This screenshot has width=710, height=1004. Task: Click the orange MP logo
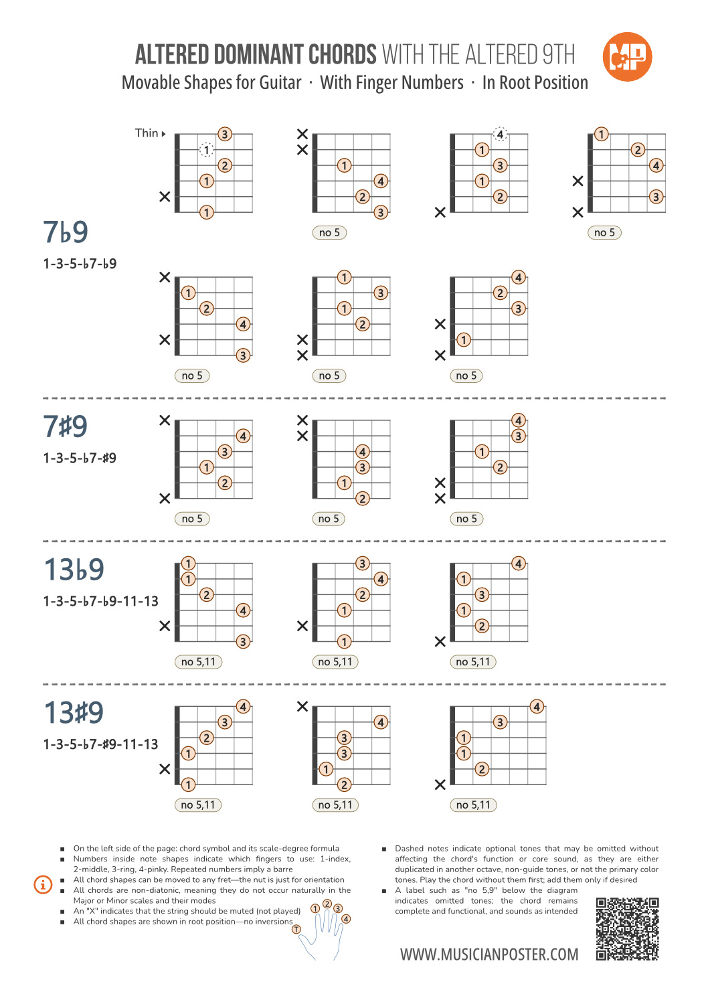tap(627, 57)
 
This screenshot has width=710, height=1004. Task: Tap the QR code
tap(627, 929)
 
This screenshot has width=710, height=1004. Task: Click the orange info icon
tap(43, 885)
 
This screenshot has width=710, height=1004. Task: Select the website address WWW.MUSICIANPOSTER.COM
tap(489, 954)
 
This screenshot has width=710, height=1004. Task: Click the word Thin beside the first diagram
tap(147, 133)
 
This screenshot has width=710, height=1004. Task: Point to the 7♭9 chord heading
tap(66, 232)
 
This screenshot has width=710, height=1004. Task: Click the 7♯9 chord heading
tap(66, 426)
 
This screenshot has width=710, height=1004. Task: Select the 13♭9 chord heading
tap(74, 570)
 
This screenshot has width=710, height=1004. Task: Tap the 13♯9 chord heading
tap(74, 713)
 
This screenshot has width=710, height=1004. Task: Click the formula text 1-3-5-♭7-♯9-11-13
tap(100, 744)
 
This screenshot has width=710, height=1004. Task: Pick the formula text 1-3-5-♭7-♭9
tap(80, 264)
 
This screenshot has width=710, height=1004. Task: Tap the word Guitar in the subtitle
tap(280, 83)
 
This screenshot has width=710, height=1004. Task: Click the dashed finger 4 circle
tap(500, 135)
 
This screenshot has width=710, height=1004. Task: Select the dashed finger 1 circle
tap(207, 150)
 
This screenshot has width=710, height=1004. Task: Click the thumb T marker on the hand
tap(296, 929)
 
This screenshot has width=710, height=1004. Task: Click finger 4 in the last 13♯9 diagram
tap(537, 707)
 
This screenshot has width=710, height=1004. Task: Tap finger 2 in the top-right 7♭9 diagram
tap(638, 150)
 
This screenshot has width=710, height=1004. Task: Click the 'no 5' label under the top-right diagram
tap(604, 233)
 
